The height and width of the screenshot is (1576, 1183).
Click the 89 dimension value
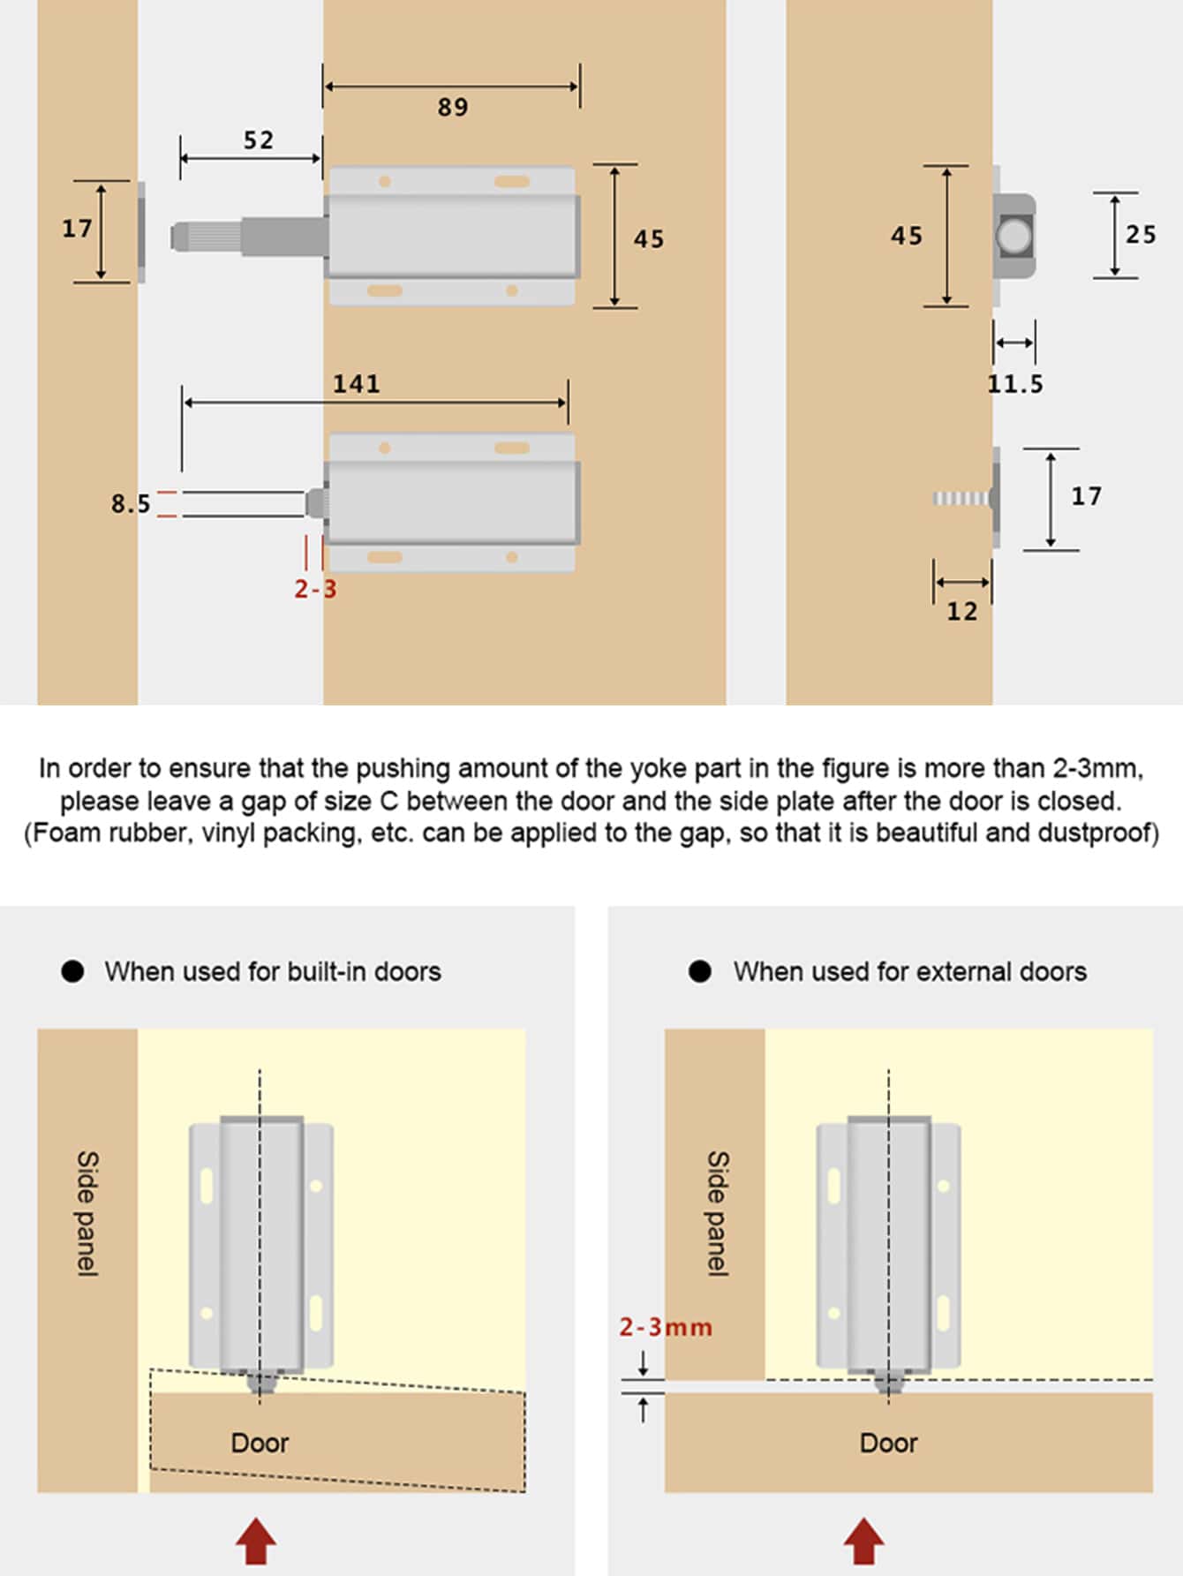[x=452, y=107]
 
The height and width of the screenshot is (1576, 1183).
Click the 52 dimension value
[x=258, y=140]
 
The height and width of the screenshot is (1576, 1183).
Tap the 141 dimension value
[x=356, y=384]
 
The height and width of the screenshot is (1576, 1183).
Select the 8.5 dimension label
[x=130, y=504]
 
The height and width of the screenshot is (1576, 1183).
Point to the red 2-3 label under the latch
[x=315, y=589]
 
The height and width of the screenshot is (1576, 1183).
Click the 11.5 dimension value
[x=1014, y=384]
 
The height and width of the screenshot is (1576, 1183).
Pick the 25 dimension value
[x=1140, y=235]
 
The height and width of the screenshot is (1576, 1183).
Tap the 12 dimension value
[x=961, y=612]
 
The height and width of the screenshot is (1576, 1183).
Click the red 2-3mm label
[x=665, y=1327]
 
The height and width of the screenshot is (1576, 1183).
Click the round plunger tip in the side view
[x=1013, y=236]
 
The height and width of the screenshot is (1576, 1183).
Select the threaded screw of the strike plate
[x=961, y=499]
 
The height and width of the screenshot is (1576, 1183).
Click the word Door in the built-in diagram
[x=260, y=1443]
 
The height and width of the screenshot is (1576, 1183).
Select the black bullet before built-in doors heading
[x=72, y=971]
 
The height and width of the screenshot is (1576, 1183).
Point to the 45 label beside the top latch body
[x=648, y=239]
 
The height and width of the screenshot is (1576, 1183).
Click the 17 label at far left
[x=77, y=229]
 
